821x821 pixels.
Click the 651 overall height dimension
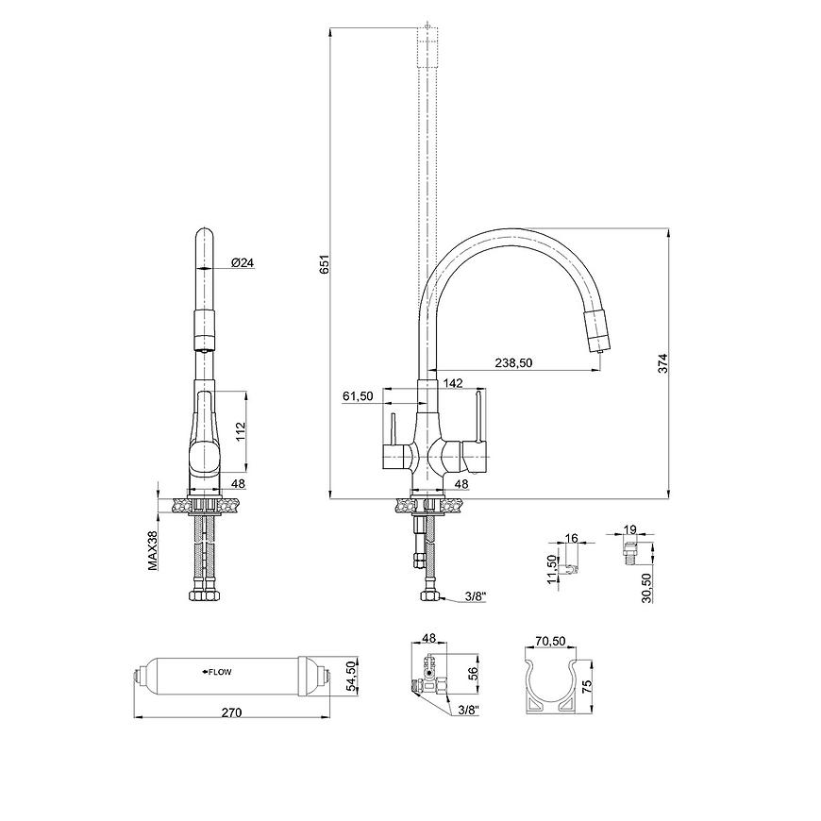(x=325, y=264)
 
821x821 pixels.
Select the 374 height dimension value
(x=663, y=363)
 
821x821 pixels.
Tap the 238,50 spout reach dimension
(x=513, y=363)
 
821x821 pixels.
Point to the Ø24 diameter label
(x=242, y=263)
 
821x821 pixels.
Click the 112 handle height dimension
(x=241, y=431)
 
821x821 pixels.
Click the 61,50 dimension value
(x=359, y=396)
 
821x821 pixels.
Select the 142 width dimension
(x=453, y=383)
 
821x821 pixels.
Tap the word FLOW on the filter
(x=220, y=672)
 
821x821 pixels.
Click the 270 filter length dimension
(x=232, y=712)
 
